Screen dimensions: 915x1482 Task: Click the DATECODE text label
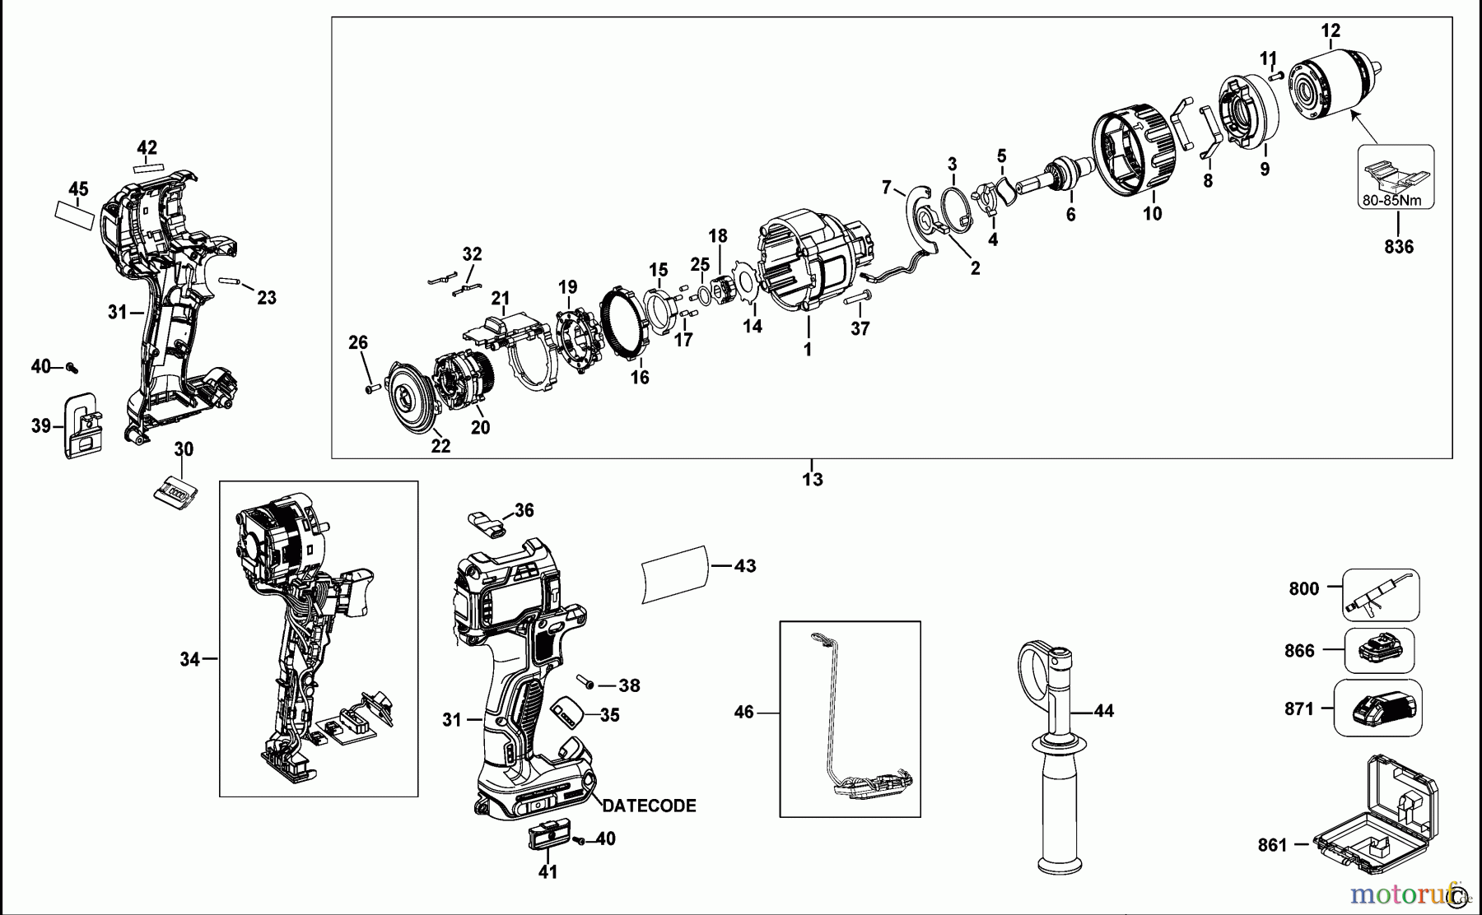(x=650, y=806)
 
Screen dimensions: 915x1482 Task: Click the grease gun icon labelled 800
(x=1381, y=594)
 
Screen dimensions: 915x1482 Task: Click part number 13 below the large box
(x=812, y=480)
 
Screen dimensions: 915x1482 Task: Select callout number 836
(x=1398, y=246)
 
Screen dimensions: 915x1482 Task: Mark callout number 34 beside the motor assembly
(x=189, y=658)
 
